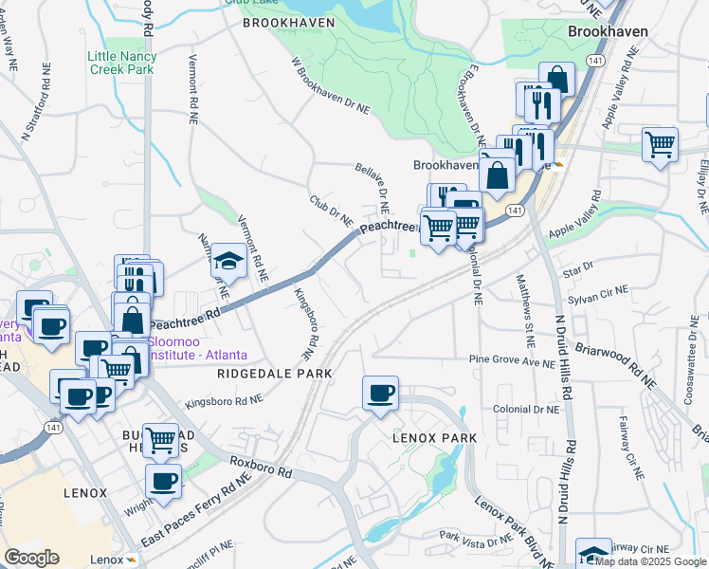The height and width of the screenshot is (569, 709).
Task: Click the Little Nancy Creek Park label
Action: (x=122, y=63)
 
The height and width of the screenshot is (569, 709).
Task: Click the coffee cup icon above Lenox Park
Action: (x=380, y=394)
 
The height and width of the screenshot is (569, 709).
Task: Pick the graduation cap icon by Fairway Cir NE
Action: (x=593, y=554)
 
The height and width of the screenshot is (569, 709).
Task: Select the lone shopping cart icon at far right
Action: (x=660, y=145)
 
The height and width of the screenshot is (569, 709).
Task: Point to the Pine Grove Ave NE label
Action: (x=513, y=360)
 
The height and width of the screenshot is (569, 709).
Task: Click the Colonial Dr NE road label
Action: (x=526, y=409)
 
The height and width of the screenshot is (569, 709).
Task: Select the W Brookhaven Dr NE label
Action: (x=330, y=87)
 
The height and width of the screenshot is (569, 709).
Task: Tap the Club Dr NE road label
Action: (x=331, y=211)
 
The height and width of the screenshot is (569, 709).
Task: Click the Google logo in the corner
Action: (x=31, y=558)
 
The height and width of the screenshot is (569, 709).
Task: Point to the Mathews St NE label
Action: (x=525, y=296)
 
